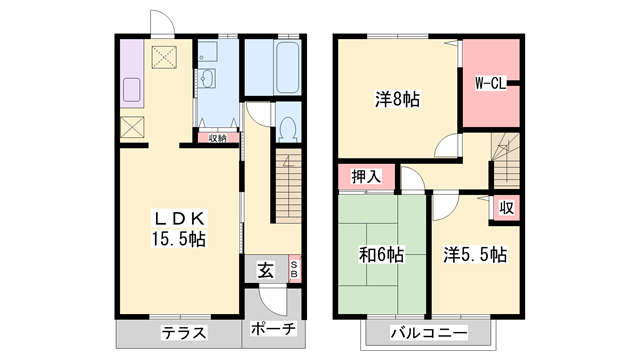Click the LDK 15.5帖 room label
click(x=180, y=229)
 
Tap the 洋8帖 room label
click(x=397, y=100)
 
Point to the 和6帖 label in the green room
click(x=381, y=254)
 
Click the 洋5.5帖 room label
click(x=475, y=254)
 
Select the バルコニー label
click(x=427, y=332)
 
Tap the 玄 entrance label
click(x=264, y=269)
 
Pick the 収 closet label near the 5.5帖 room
click(x=507, y=208)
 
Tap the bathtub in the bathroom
click(x=272, y=67)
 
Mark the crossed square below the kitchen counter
click(x=133, y=127)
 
